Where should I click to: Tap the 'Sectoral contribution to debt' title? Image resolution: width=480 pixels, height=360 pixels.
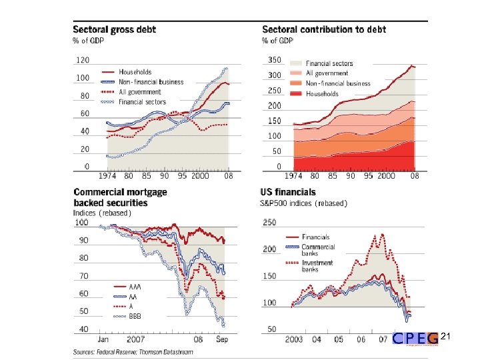click(324, 29)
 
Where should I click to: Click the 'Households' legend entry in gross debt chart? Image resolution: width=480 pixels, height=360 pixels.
click(135, 72)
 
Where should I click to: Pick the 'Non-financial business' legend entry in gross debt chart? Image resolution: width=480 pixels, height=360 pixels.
click(151, 82)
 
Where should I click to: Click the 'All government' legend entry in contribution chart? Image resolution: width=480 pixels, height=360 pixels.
click(327, 73)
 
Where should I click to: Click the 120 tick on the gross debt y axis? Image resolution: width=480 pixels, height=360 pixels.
click(82, 60)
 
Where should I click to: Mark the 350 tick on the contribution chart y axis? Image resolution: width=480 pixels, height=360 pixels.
click(274, 60)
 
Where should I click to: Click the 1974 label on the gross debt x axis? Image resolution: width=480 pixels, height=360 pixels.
click(109, 176)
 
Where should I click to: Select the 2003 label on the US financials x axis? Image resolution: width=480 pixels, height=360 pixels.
click(293, 339)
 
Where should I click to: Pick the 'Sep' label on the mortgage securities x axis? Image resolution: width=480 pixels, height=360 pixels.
click(223, 339)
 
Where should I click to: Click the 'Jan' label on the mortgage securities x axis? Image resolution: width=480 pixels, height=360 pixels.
click(104, 339)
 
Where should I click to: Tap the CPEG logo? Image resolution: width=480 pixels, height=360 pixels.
click(415, 339)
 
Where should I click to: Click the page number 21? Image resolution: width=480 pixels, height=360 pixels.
click(446, 337)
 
